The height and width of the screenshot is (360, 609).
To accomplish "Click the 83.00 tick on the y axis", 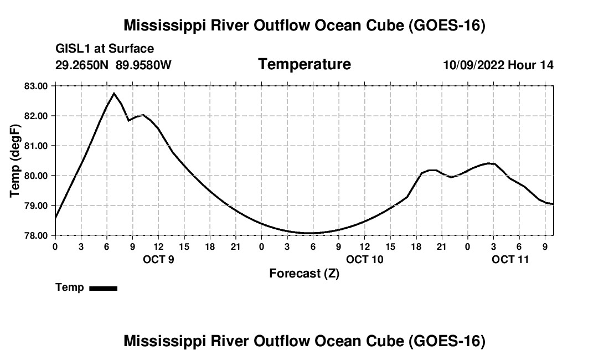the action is click(36, 86).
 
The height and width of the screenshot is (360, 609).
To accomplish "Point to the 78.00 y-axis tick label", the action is click(36, 236).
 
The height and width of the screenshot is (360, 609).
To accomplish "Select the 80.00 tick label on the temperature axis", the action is click(36, 176).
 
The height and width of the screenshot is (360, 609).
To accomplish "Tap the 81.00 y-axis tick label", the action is click(36, 146).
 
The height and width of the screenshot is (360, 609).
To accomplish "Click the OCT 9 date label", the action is click(158, 259).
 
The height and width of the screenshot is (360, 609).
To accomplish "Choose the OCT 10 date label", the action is click(365, 259).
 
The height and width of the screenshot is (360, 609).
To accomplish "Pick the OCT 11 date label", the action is click(510, 259).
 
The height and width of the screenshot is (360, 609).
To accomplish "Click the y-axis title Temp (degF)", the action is click(15, 161).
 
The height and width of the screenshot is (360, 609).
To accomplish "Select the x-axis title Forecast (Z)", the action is click(304, 274).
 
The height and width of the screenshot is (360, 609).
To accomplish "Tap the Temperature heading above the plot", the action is click(304, 64).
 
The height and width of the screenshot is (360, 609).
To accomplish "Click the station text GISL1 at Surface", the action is click(105, 49).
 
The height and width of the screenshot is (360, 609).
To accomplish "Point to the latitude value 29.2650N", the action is click(82, 65).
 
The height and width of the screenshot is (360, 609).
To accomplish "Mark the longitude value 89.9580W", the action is click(143, 65).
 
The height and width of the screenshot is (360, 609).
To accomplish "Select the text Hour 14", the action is click(530, 65).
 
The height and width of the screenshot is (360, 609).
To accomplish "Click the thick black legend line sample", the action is click(104, 288).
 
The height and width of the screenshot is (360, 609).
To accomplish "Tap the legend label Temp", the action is click(70, 287).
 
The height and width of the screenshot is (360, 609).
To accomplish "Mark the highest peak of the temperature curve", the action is click(114, 93).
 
